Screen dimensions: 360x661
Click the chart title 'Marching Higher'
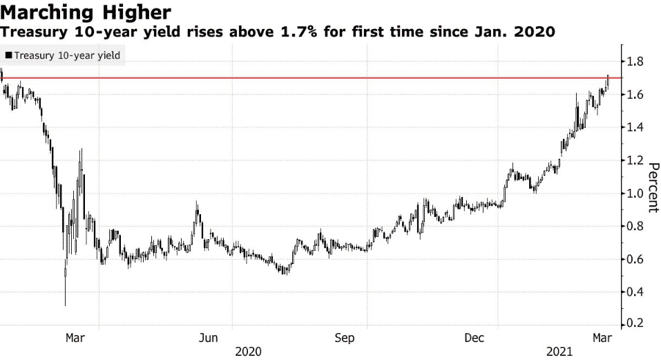coord(86,12)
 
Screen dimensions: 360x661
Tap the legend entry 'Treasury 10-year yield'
coord(63,55)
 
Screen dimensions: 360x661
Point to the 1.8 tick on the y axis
coord(635,62)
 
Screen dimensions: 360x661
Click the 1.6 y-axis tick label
coord(635,95)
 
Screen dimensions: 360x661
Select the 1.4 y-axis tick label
coord(635,128)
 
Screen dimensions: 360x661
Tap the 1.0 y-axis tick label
coord(635,193)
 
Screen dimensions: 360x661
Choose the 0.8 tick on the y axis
coord(635,227)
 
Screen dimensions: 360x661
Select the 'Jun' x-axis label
coord(209,338)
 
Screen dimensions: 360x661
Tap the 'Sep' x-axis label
coord(344,338)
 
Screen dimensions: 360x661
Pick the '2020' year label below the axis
coord(249,352)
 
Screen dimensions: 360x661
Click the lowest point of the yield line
coord(65,305)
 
